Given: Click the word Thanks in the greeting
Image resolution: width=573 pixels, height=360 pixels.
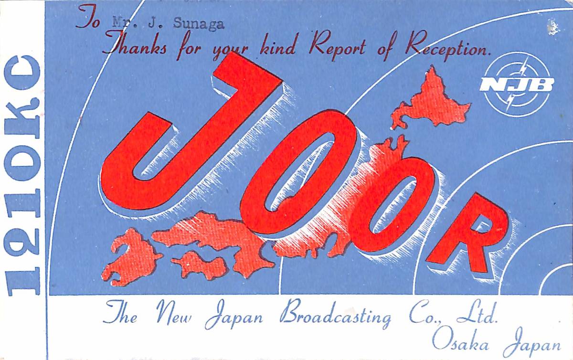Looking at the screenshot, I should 135,46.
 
